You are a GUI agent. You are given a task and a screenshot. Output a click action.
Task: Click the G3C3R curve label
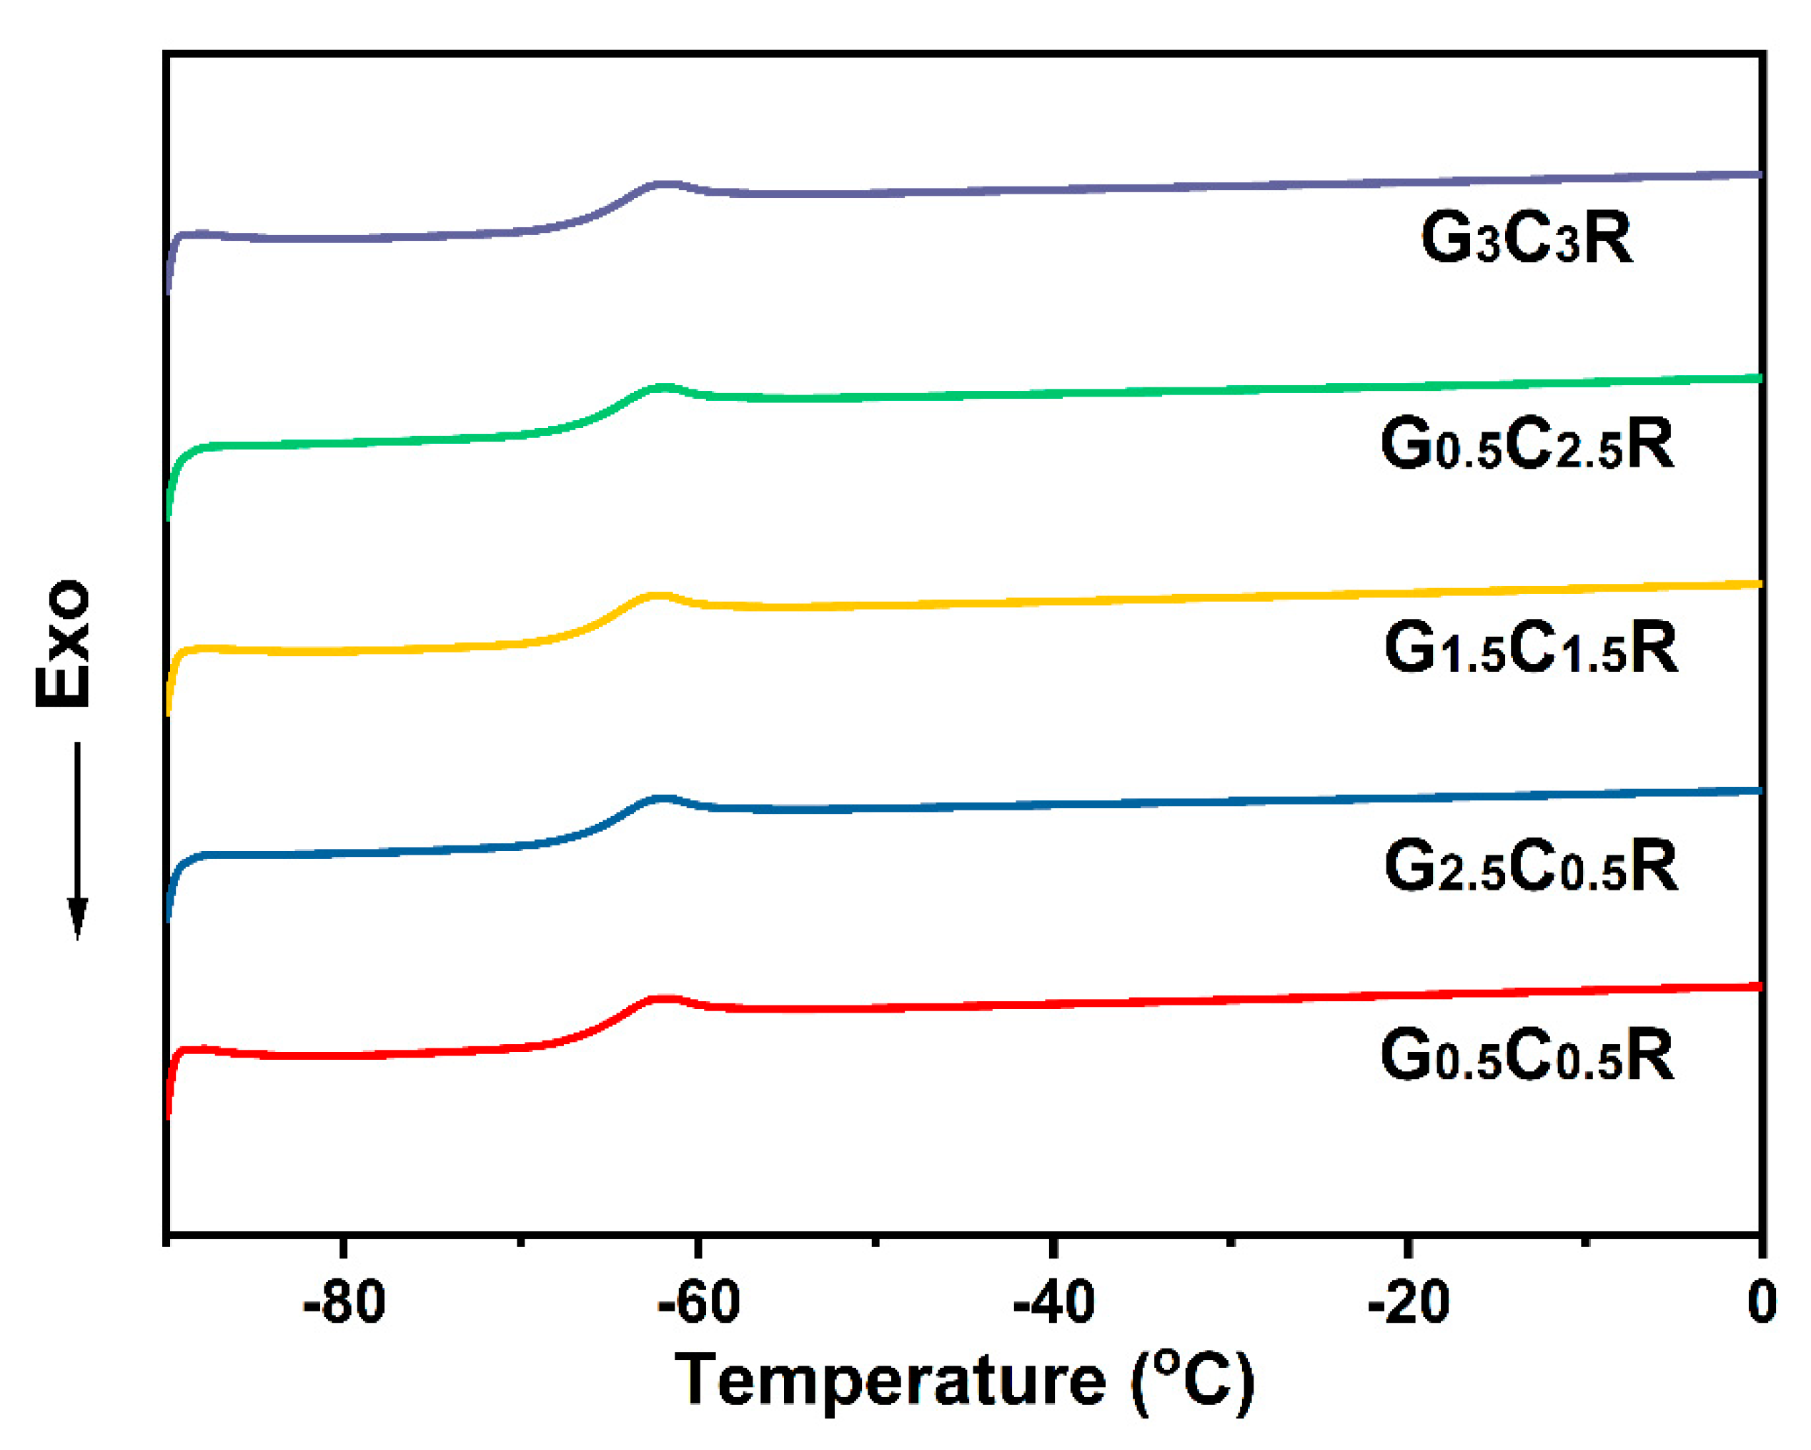point(1527,239)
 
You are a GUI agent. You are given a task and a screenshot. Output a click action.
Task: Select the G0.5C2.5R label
point(1527,445)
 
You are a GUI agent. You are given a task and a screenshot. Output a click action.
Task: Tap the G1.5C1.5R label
point(1529,649)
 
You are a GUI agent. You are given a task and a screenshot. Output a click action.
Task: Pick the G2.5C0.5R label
point(1529,866)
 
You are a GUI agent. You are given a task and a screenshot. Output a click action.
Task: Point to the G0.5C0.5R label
point(1527,1056)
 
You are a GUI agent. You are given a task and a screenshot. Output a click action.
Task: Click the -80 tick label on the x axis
point(344,1302)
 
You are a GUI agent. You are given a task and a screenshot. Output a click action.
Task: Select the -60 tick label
point(698,1302)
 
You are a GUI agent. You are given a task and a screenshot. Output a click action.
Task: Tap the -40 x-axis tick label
point(1053,1302)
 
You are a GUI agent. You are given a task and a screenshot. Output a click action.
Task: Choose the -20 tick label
point(1407,1302)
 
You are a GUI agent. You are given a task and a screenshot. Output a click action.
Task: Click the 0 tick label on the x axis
point(1760,1302)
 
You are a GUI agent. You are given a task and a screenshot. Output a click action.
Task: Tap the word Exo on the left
point(63,642)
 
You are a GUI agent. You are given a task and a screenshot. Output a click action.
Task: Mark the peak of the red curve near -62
point(665,999)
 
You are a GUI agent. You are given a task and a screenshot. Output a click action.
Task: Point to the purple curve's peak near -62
point(665,183)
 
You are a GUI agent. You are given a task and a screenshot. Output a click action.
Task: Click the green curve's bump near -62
point(665,387)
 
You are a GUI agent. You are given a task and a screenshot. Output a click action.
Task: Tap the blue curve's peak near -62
point(665,798)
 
